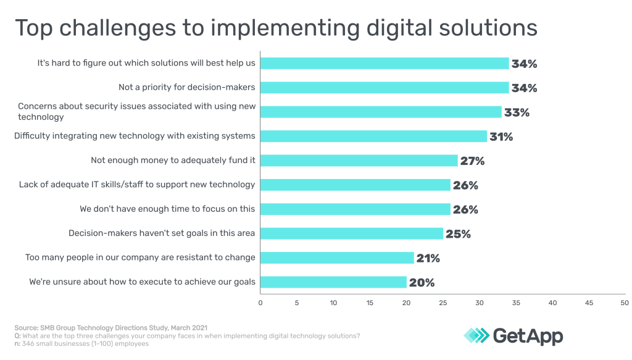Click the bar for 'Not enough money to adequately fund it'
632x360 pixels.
click(x=359, y=161)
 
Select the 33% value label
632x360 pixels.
click(x=517, y=112)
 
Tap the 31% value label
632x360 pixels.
click(x=501, y=136)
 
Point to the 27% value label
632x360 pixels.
click(x=472, y=161)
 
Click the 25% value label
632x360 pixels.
click(x=458, y=234)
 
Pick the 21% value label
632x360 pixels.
click(x=428, y=258)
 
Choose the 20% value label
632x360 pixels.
click(x=422, y=283)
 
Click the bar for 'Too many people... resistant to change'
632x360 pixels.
click(x=337, y=257)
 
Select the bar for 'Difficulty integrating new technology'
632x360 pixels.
click(x=373, y=136)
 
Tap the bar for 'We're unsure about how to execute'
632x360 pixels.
click(x=333, y=282)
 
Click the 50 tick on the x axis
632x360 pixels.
click(x=625, y=303)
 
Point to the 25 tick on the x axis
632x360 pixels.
click(x=443, y=303)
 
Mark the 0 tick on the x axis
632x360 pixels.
click(x=260, y=303)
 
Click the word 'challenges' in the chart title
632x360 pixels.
click(x=123, y=28)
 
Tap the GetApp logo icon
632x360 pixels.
click(x=476, y=335)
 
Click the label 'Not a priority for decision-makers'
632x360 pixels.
click(x=186, y=87)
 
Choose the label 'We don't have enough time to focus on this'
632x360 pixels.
click(x=167, y=209)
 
